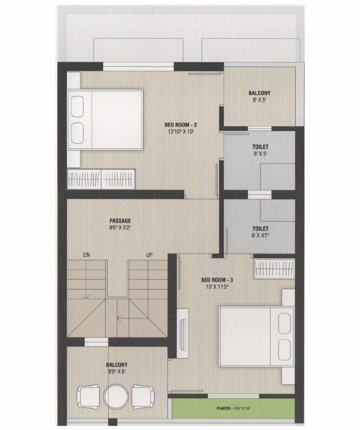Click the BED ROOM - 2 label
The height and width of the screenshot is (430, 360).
(x=181, y=125)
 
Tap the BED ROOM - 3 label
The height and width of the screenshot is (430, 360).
(x=217, y=280)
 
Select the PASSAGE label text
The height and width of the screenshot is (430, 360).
(x=120, y=221)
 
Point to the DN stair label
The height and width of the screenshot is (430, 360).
(x=86, y=255)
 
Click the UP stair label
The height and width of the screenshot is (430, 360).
(x=150, y=255)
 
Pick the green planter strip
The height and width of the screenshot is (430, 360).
(x=233, y=409)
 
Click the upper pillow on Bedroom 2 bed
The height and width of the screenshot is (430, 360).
(x=77, y=106)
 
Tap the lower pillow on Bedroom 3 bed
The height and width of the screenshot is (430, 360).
(x=284, y=350)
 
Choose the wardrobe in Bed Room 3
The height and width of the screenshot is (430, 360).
(x=274, y=268)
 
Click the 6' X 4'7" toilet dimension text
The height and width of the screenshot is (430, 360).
(x=261, y=235)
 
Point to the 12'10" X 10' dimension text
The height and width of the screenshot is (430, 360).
(x=181, y=132)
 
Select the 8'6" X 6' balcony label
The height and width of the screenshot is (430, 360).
(x=117, y=371)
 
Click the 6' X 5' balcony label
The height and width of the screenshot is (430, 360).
(x=259, y=100)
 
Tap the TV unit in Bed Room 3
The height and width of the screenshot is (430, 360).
(x=182, y=333)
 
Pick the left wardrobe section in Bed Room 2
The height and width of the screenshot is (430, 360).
(x=84, y=179)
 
